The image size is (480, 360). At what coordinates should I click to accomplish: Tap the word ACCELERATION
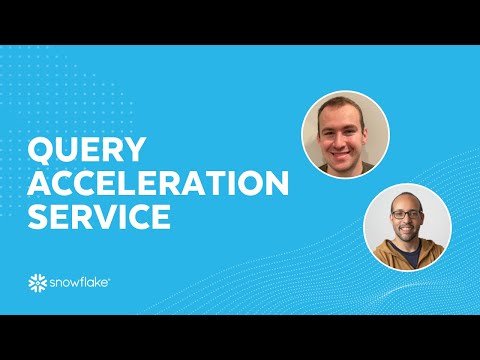pos(158,184)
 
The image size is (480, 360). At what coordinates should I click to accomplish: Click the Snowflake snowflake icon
pos(38,283)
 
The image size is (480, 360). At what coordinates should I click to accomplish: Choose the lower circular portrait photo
pos(407,229)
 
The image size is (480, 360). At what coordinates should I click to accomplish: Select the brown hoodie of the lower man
pos(407,260)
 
